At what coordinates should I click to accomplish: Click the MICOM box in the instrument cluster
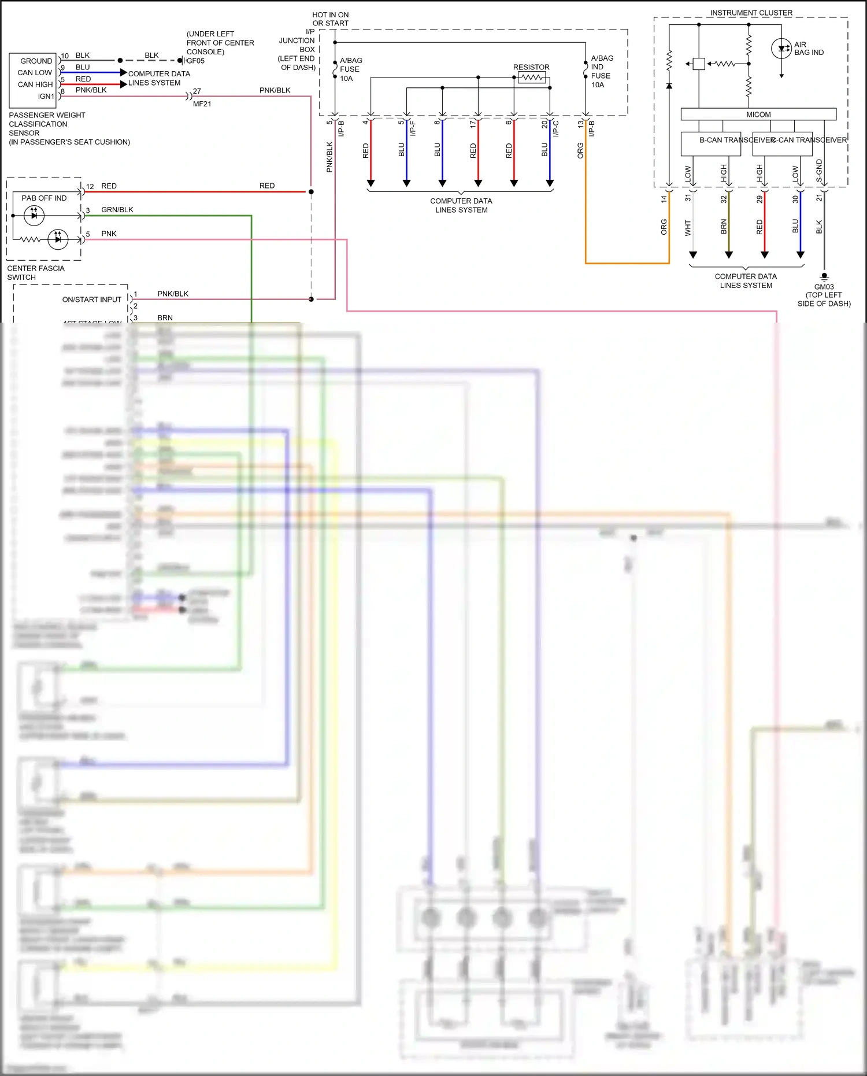[758, 114]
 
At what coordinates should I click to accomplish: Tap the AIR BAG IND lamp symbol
[781, 49]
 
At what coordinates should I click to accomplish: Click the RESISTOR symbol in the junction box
[532, 77]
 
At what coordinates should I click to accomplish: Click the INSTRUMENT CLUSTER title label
[751, 13]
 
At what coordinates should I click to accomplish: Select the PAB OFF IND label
[44, 198]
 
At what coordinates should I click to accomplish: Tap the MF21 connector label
[202, 104]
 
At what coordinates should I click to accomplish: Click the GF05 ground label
[195, 61]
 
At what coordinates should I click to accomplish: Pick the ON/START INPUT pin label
[92, 299]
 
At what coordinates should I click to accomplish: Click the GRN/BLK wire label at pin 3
[117, 210]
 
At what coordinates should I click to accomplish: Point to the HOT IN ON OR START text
[331, 19]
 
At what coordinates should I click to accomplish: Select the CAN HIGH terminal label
[35, 84]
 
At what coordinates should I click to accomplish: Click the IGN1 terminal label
[46, 97]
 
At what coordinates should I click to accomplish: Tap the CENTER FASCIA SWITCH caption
[36, 273]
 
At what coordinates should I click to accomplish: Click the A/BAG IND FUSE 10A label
[602, 71]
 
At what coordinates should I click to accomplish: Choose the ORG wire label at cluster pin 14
[664, 227]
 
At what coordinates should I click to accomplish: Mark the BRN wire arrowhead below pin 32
[729, 255]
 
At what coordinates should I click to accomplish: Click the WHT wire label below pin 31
[688, 228]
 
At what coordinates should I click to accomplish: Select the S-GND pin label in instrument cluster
[819, 171]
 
